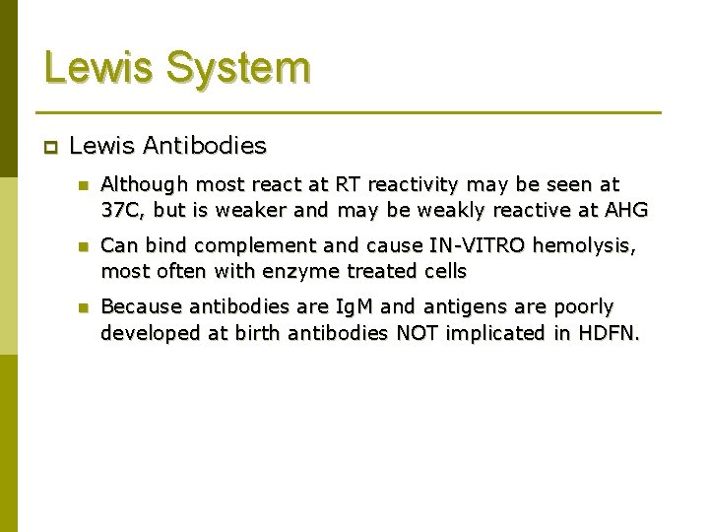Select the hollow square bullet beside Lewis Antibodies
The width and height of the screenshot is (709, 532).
pos(50,147)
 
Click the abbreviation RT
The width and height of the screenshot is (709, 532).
pos(348,183)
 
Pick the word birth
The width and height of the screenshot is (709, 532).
pos(257,332)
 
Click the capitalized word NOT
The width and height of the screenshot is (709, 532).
pos(418,332)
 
